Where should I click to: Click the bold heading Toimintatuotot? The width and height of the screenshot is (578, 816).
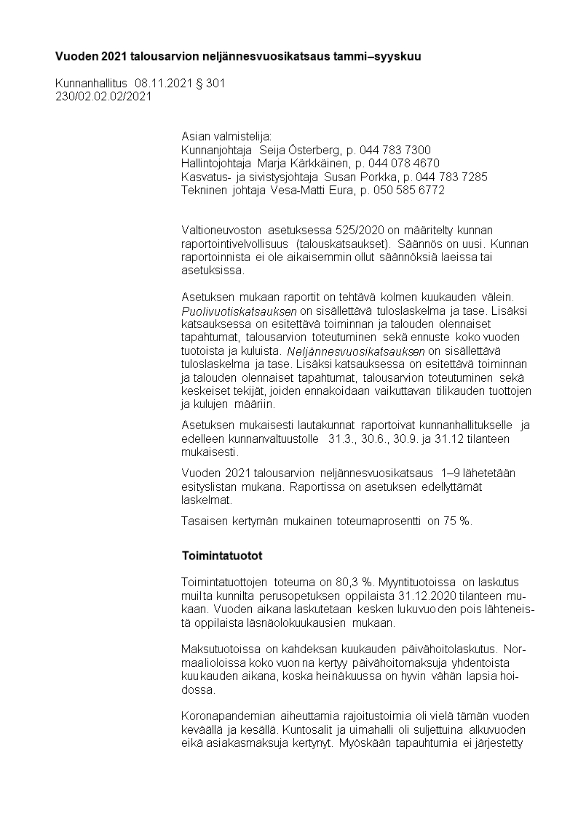click(x=221, y=556)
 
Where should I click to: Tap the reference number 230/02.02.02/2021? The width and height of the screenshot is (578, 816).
click(x=103, y=97)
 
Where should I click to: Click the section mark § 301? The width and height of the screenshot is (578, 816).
click(x=211, y=84)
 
